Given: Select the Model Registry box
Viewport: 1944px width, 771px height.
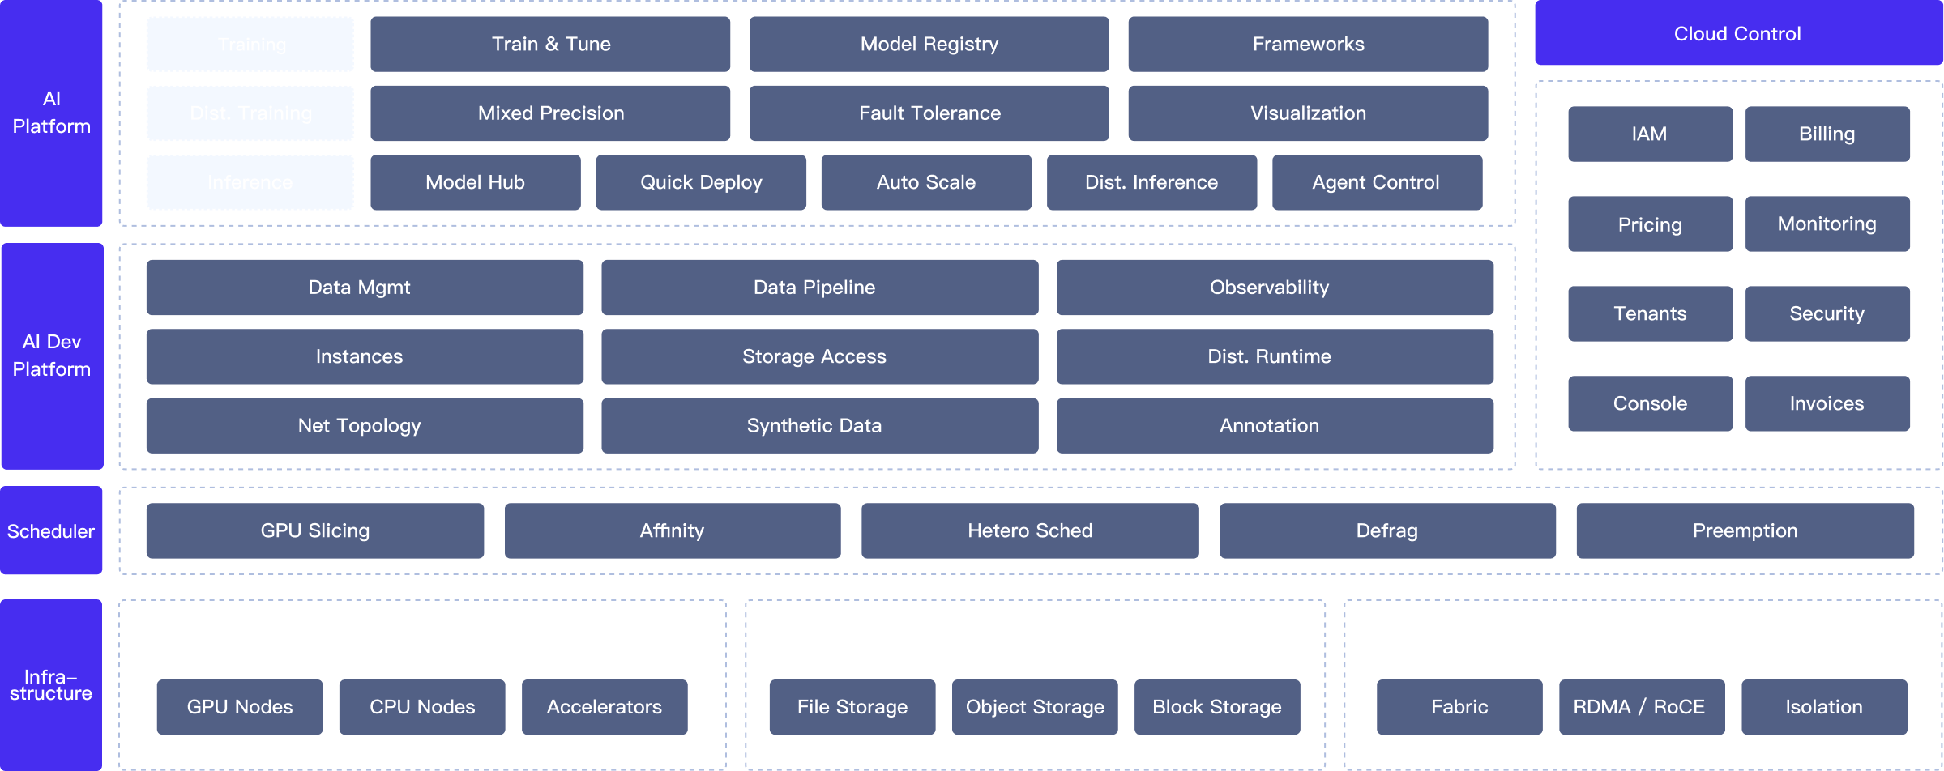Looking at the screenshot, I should tap(929, 45).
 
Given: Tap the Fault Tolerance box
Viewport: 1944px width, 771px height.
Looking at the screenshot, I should tap(929, 113).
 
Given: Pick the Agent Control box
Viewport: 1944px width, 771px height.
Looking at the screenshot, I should tap(1376, 183).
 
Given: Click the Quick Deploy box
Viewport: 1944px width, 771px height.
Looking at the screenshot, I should tap(701, 183).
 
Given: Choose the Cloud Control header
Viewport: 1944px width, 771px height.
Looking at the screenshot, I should tap(1737, 34).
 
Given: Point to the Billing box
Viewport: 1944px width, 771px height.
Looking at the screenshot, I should tap(1827, 134).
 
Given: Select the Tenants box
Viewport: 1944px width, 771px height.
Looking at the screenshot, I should tap(1650, 314).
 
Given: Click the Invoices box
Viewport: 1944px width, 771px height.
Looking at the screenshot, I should tap(1827, 404).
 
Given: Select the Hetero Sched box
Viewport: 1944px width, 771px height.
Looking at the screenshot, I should tap(1029, 531).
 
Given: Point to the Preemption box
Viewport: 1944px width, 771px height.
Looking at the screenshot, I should tap(1744, 531).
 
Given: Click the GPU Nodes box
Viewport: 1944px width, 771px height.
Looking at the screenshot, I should tap(239, 708).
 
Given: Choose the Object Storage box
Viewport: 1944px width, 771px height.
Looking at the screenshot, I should tap(1034, 708).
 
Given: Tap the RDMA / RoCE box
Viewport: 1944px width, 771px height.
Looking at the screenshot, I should tap(1640, 708).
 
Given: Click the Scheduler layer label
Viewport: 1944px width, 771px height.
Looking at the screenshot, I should tap(51, 531).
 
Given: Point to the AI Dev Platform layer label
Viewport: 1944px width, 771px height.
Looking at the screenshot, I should tap(51, 356).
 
